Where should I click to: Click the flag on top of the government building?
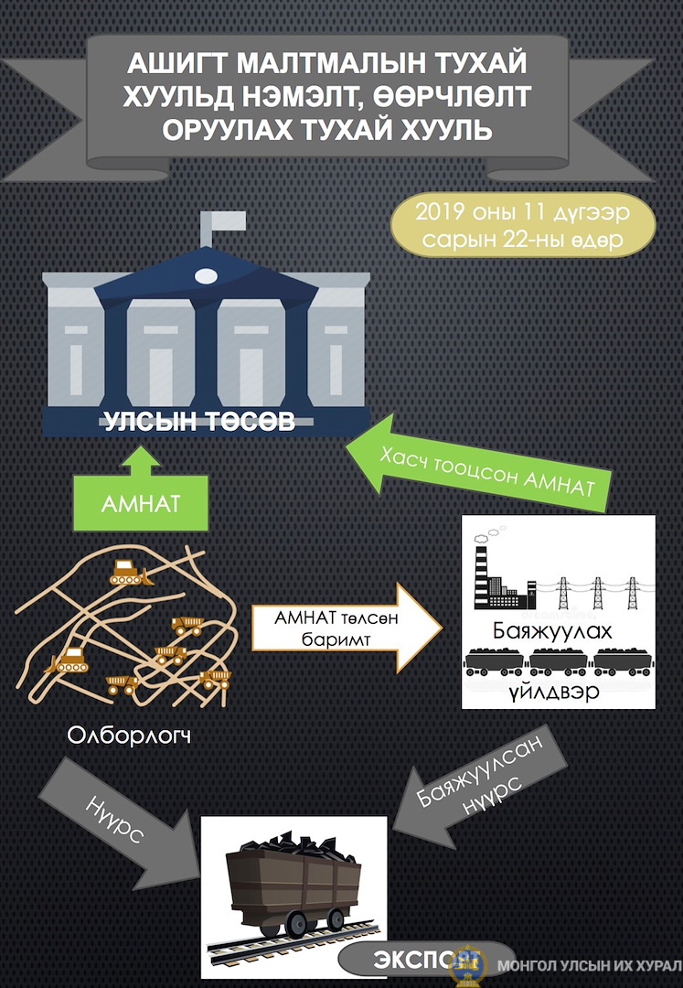click(221, 220)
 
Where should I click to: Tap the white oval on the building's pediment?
click(206, 275)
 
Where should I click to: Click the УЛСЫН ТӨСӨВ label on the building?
click(199, 421)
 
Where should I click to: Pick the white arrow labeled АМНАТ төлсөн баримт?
click(347, 628)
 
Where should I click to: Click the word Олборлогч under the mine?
click(128, 736)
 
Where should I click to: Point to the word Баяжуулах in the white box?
click(552, 630)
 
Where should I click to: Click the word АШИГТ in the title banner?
click(176, 64)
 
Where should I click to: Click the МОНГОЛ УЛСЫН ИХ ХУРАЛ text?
click(589, 966)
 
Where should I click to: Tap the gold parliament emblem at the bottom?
click(469, 965)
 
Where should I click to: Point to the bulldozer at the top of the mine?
click(128, 572)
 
